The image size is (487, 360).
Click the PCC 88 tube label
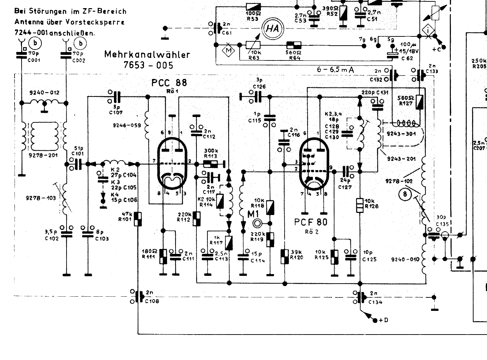[169, 83]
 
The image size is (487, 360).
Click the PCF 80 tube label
[311, 222]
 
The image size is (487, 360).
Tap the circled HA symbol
[272, 28]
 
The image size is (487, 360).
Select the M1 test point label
[253, 214]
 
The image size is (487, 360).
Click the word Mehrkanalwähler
[147, 55]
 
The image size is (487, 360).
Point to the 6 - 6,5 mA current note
[336, 70]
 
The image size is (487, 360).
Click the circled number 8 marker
[405, 194]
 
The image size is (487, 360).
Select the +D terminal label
[383, 320]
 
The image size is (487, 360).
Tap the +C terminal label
[437, 49]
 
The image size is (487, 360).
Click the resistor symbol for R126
[360, 205]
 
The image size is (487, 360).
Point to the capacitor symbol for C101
[78, 164]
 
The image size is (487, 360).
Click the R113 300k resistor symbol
[211, 164]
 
